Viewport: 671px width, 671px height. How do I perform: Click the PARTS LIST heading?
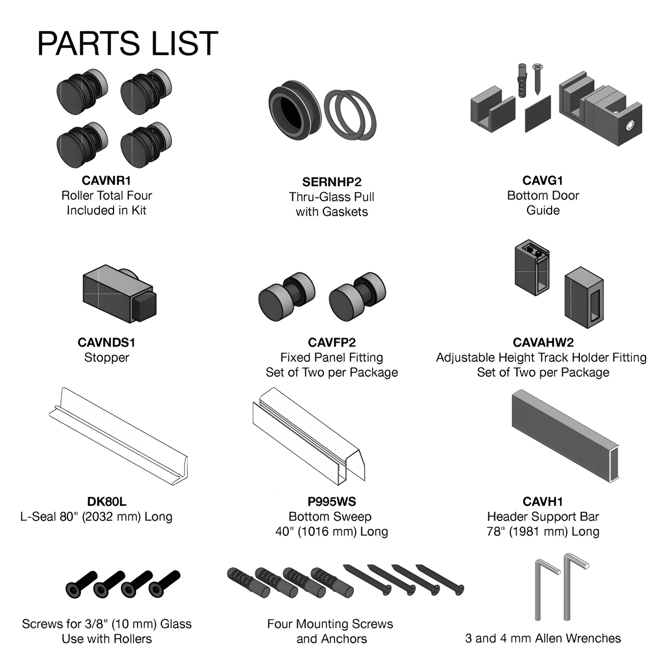click(x=128, y=43)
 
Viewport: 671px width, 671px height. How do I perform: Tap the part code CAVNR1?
click(x=106, y=180)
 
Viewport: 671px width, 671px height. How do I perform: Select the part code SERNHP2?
click(x=332, y=182)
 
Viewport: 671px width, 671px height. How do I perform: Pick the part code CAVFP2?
click(x=332, y=342)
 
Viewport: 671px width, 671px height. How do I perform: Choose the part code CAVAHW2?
click(x=543, y=342)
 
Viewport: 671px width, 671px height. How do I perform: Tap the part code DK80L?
click(x=107, y=501)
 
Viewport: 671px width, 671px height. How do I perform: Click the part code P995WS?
click(x=332, y=501)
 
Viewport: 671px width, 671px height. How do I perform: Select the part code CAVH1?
click(x=543, y=501)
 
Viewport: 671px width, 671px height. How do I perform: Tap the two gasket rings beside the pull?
click(x=350, y=115)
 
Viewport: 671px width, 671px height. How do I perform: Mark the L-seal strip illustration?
click(x=118, y=437)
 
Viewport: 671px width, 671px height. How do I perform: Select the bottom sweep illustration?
click(x=309, y=436)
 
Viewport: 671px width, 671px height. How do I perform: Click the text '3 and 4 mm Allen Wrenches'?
click(x=543, y=638)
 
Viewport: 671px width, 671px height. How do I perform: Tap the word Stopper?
click(x=107, y=357)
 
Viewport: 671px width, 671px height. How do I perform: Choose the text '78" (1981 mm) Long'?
click(x=543, y=531)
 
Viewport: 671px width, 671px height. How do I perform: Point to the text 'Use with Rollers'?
click(x=107, y=639)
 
